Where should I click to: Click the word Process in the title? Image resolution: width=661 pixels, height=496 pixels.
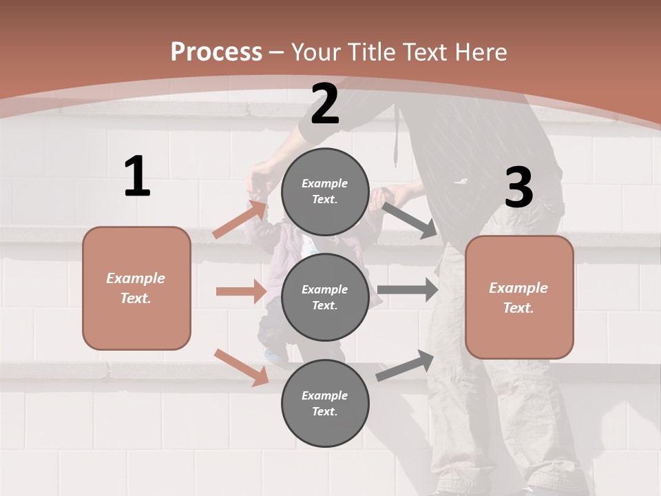click(x=216, y=52)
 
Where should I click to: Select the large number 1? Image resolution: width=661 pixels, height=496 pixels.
click(x=137, y=177)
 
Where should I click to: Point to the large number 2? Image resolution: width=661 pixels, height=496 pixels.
click(x=325, y=104)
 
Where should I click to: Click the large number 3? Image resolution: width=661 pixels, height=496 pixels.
click(x=518, y=188)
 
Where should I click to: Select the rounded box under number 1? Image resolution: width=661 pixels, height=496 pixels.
click(x=136, y=288)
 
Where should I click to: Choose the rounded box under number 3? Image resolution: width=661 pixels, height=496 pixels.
click(x=519, y=297)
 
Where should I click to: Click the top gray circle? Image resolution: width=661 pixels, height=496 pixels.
click(x=325, y=192)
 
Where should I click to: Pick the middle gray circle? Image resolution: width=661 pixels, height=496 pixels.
click(x=325, y=297)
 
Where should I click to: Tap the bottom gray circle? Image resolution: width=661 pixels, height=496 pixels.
click(x=325, y=403)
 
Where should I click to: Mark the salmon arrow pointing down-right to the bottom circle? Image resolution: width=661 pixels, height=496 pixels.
click(x=242, y=367)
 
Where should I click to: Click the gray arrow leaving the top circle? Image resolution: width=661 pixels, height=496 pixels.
click(x=409, y=220)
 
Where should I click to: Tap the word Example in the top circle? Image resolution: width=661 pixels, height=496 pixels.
click(x=325, y=183)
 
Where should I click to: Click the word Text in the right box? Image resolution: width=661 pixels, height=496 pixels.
click(x=518, y=308)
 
